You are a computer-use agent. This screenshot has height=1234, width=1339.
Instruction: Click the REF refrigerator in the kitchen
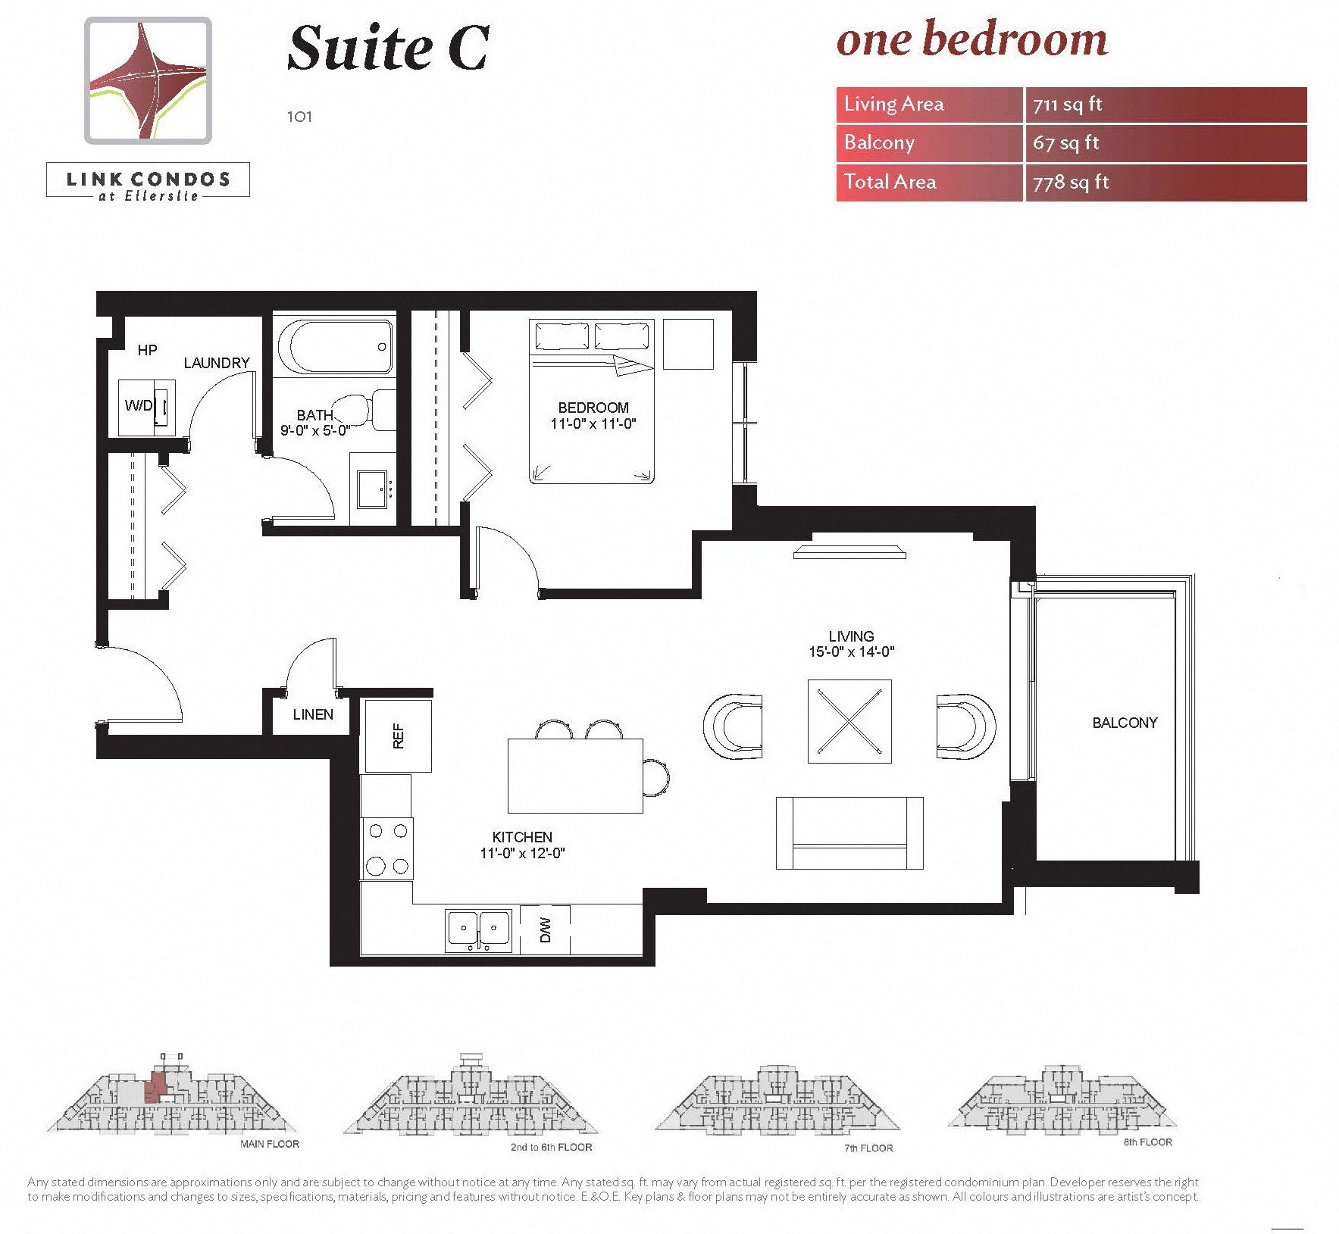(398, 735)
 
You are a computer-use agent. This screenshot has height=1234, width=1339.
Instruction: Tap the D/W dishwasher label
(545, 929)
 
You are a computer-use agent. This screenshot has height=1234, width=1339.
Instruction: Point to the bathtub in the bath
(336, 345)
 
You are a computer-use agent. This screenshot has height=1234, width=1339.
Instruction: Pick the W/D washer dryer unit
(147, 406)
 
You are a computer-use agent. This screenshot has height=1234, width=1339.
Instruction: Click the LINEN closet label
(313, 714)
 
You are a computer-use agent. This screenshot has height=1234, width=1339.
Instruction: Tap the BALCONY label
(1125, 723)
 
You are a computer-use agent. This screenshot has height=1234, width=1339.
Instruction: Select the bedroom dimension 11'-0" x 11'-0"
(593, 424)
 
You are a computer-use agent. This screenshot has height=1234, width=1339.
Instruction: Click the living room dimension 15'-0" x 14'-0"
(851, 651)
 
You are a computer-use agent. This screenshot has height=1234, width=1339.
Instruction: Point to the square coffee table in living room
(849, 722)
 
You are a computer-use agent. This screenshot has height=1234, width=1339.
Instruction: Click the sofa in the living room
(849, 833)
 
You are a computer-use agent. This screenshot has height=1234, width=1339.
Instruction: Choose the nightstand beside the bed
(688, 344)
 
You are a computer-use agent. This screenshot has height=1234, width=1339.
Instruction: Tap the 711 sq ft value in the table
(1067, 105)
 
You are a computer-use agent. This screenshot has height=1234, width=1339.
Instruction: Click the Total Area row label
(890, 182)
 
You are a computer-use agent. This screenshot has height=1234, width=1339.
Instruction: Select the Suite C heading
(388, 48)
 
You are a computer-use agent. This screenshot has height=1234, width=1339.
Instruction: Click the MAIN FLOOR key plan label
(270, 1144)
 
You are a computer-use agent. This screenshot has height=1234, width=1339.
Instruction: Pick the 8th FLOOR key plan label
(1147, 1142)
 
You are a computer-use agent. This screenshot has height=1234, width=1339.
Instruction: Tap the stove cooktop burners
(387, 848)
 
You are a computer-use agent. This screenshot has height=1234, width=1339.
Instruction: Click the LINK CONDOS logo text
(149, 180)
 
